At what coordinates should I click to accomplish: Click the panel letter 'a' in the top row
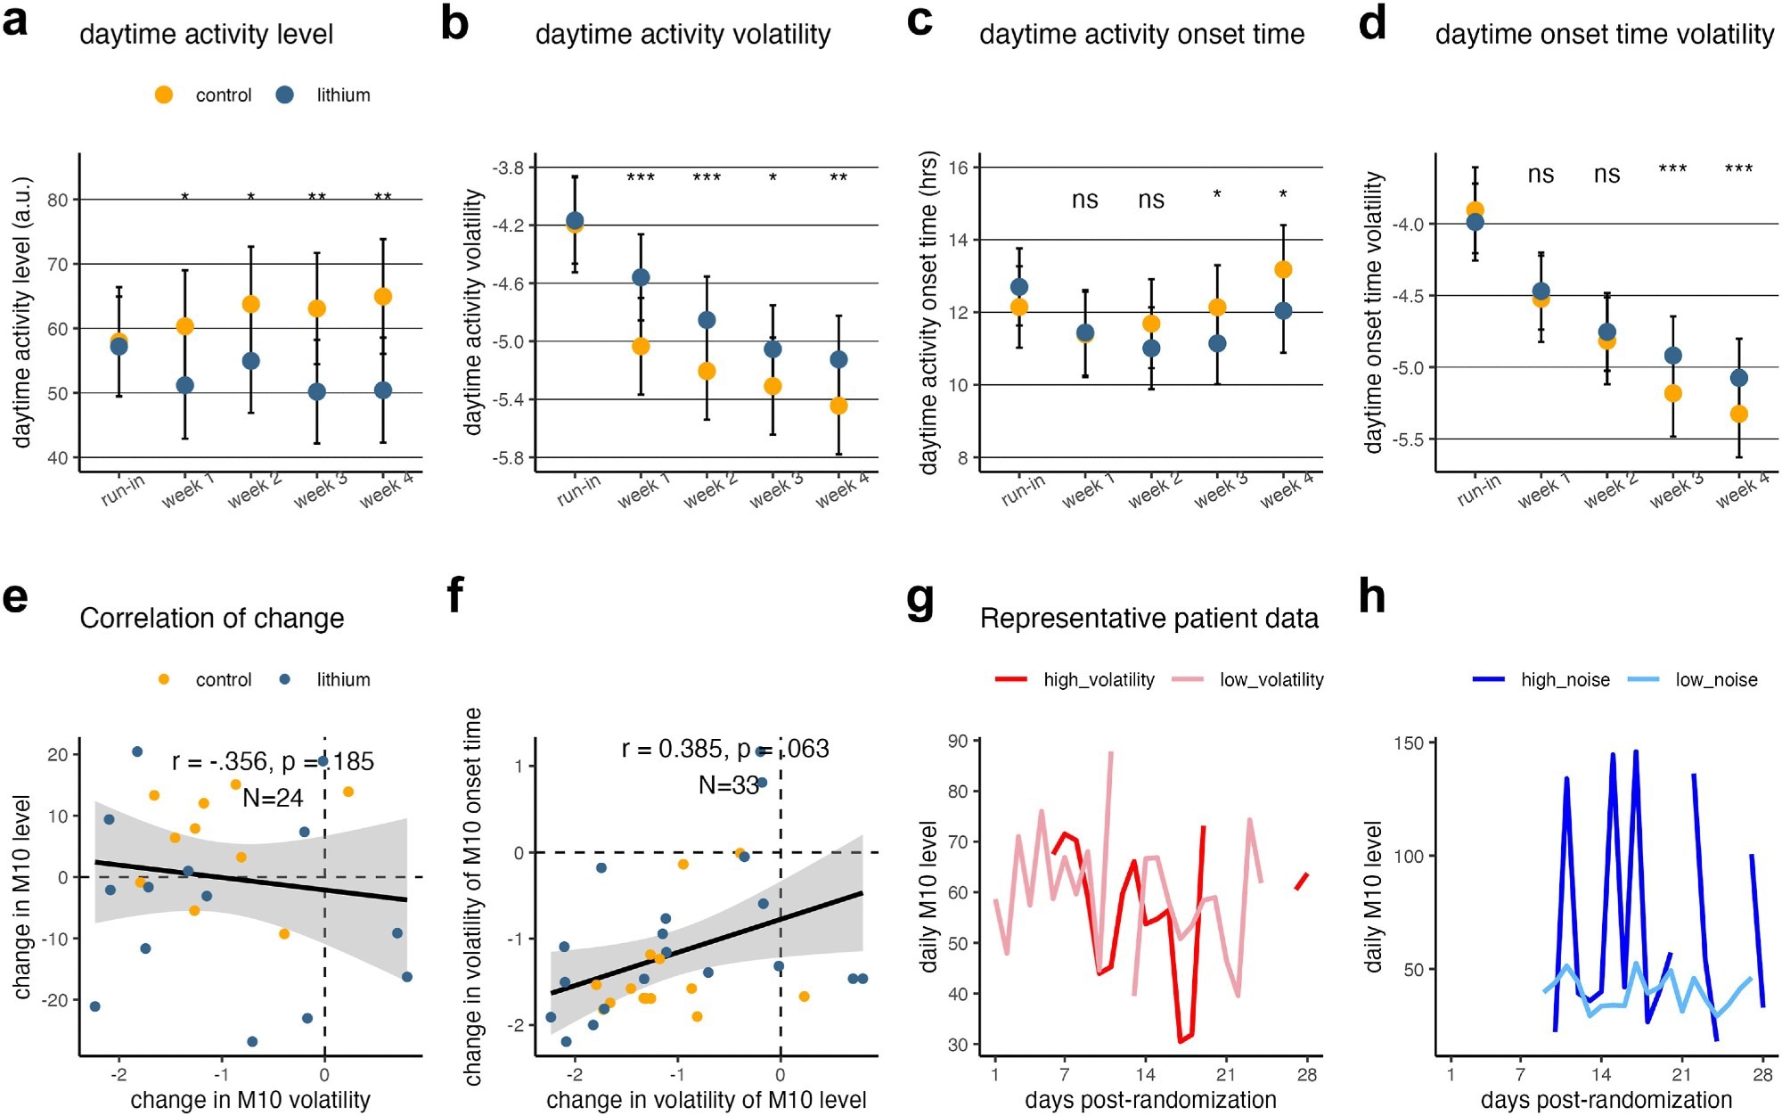click(15, 21)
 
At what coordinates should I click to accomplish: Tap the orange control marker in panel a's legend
click(164, 95)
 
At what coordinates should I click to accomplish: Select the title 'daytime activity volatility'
click(683, 35)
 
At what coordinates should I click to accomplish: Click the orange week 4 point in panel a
click(383, 297)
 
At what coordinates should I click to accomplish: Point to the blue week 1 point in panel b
click(641, 277)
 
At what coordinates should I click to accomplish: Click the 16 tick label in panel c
click(958, 168)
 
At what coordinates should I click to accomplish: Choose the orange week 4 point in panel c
click(1283, 269)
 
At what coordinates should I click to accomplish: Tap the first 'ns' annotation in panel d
click(1541, 175)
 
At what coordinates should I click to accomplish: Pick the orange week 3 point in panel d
click(1673, 393)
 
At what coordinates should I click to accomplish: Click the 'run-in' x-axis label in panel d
click(1479, 490)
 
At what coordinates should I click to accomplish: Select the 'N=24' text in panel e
click(273, 798)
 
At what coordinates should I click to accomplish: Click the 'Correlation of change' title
click(212, 619)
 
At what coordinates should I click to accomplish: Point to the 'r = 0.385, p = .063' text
click(725, 749)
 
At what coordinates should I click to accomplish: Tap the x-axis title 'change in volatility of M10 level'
click(706, 1100)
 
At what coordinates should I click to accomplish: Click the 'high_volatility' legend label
click(1099, 680)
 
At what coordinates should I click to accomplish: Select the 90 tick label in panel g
click(958, 741)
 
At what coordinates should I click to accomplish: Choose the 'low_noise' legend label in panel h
click(1716, 680)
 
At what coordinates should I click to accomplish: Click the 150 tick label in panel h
click(1413, 743)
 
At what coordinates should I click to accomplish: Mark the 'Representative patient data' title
click(1148, 619)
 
